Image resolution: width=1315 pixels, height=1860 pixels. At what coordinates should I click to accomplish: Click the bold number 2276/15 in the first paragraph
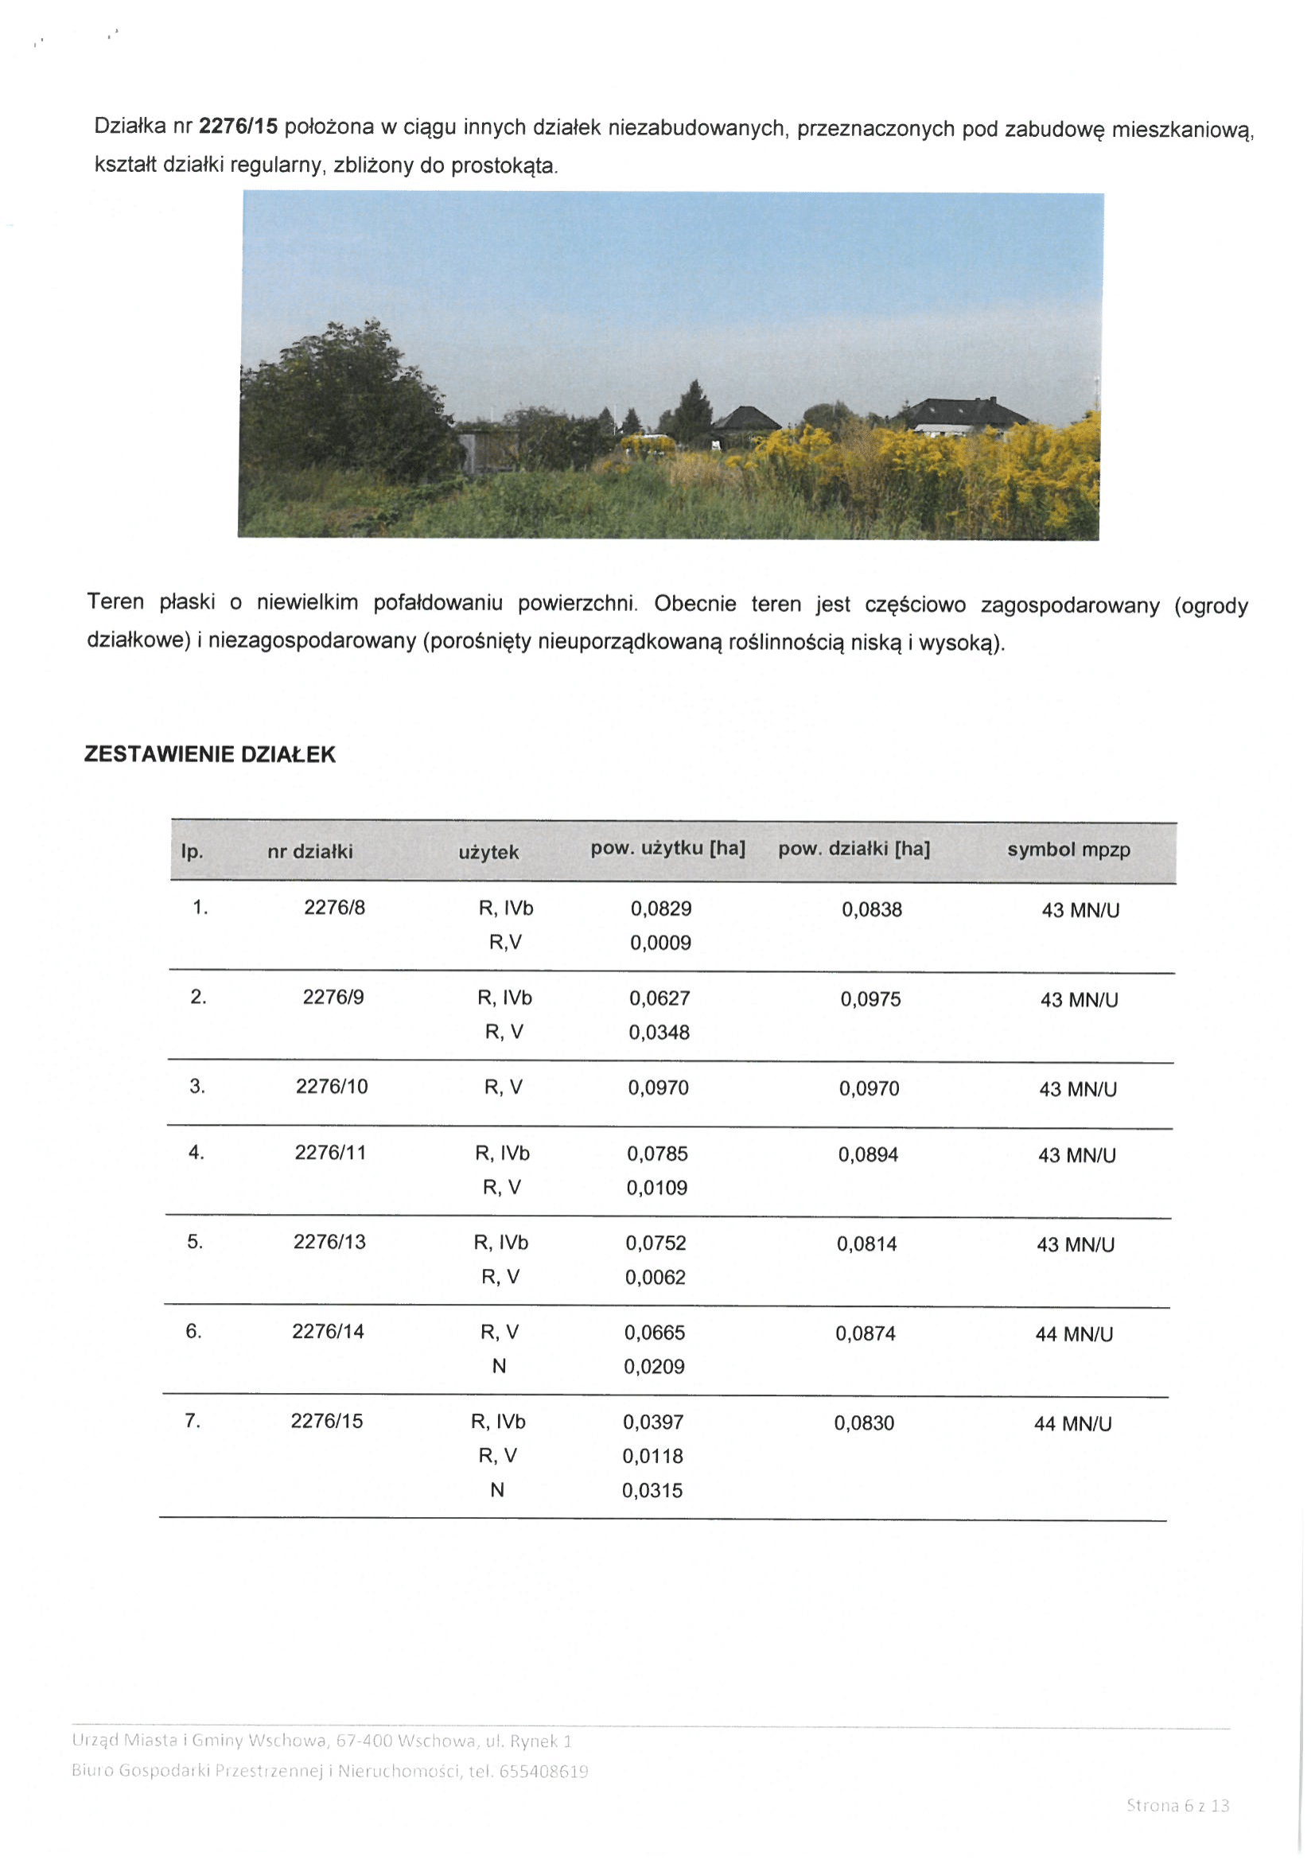tap(238, 126)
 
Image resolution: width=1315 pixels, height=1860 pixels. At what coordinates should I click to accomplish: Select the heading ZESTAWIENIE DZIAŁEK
tap(210, 754)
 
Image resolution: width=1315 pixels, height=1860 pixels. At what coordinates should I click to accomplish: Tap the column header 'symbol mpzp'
tap(1068, 850)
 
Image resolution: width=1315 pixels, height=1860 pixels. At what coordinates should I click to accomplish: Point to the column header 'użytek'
tap(488, 852)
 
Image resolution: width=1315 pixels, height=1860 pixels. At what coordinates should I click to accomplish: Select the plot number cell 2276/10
tap(332, 1087)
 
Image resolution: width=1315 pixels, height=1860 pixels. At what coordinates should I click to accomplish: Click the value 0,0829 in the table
tap(661, 909)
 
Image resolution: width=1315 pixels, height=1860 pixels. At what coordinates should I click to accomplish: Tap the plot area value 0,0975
tap(870, 1000)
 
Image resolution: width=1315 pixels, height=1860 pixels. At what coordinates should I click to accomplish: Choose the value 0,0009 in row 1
tap(660, 943)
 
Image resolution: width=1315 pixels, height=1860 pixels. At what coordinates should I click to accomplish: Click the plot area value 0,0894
tap(868, 1154)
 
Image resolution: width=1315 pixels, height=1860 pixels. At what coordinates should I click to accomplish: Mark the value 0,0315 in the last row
tap(652, 1491)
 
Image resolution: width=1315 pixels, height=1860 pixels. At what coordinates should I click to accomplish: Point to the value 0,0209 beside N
tap(654, 1367)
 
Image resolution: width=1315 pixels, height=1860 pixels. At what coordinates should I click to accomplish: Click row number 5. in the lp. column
tap(195, 1242)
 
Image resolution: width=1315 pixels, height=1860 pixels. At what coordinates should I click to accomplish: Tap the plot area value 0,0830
tap(864, 1423)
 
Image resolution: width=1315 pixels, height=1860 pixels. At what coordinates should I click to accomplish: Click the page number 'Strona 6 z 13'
tap(1177, 1805)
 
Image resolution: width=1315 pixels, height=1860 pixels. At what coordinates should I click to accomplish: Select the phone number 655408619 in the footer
tap(543, 1771)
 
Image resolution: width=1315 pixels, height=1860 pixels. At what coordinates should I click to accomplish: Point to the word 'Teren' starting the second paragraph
tap(115, 602)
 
